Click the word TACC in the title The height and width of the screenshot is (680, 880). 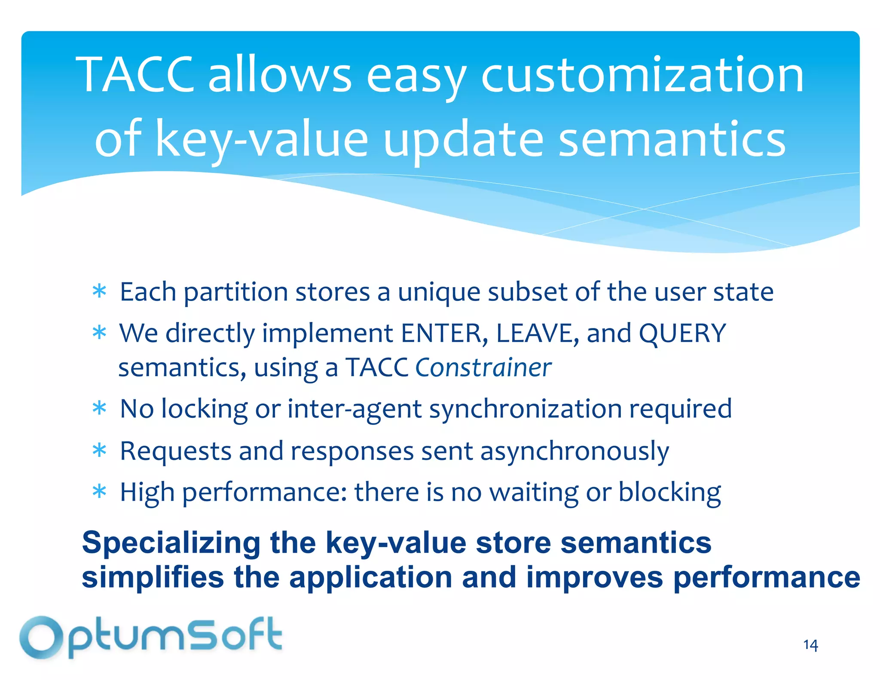[x=135, y=75]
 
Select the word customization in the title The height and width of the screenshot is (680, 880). [x=642, y=76]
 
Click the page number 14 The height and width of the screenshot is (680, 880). [x=810, y=645]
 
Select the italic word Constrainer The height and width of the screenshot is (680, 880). [x=483, y=368]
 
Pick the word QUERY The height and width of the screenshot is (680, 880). [x=682, y=333]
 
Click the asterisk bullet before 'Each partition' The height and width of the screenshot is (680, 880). [x=99, y=292]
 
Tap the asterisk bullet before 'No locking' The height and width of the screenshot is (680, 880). [x=99, y=408]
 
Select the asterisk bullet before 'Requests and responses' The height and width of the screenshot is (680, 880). [x=99, y=450]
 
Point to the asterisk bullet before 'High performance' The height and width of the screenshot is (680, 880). [x=99, y=492]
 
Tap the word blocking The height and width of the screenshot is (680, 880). [x=669, y=493]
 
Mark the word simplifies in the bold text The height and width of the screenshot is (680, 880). [x=153, y=577]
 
